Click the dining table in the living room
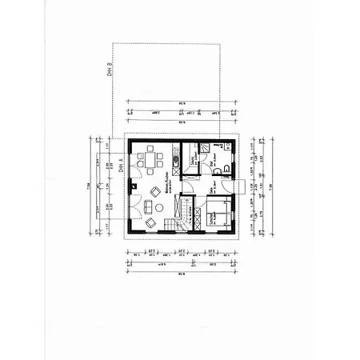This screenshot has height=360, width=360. click(148, 159)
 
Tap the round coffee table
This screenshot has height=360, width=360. click(158, 208)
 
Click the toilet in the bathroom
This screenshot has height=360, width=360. click(228, 170)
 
